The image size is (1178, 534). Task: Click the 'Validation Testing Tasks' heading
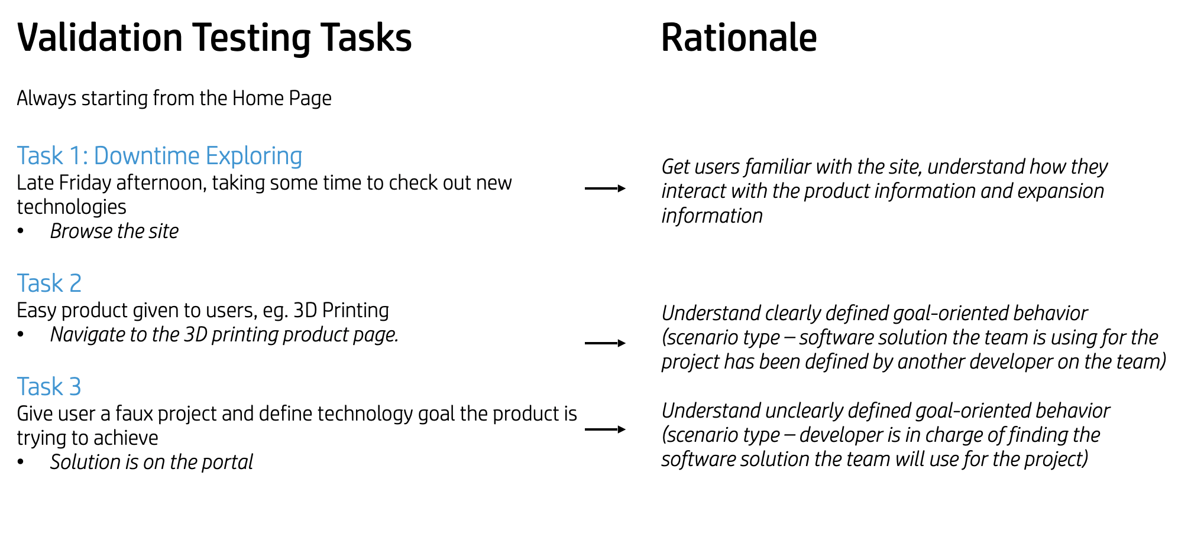(x=214, y=38)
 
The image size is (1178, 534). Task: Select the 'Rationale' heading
(x=739, y=38)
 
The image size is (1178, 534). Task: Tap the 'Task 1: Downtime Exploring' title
(x=160, y=157)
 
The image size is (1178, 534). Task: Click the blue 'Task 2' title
(x=49, y=284)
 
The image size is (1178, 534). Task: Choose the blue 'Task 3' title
(x=49, y=387)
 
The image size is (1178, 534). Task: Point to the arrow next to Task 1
(x=605, y=188)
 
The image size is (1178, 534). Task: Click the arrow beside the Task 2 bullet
(x=605, y=343)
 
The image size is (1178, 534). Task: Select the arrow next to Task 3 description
(x=605, y=429)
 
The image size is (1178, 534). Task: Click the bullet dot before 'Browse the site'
(x=21, y=231)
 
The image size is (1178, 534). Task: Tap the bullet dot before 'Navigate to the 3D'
(x=21, y=335)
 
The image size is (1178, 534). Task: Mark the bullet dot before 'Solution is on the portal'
(x=21, y=462)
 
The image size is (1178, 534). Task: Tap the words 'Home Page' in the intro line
(x=281, y=99)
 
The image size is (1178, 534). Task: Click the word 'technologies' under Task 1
(x=72, y=207)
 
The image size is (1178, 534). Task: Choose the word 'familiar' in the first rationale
(x=776, y=167)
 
